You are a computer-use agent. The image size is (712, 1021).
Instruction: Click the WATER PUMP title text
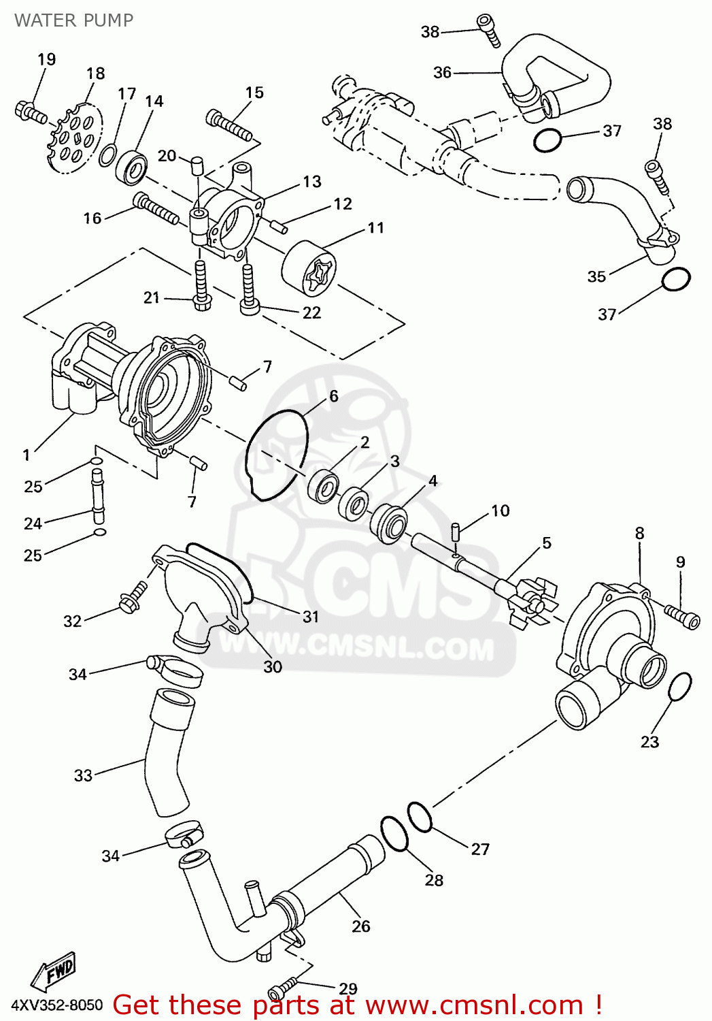point(73,20)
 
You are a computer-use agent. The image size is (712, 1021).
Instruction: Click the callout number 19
point(46,60)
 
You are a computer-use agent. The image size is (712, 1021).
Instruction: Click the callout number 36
point(442,72)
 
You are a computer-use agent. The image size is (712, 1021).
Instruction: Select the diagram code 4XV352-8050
point(57,1005)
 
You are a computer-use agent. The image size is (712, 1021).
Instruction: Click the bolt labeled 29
point(283,987)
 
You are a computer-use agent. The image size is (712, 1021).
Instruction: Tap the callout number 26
point(361,926)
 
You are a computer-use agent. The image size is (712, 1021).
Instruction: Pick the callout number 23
point(649,742)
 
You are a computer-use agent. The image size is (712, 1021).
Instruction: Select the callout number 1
point(27,455)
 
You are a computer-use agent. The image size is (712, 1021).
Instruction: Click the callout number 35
point(596,276)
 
